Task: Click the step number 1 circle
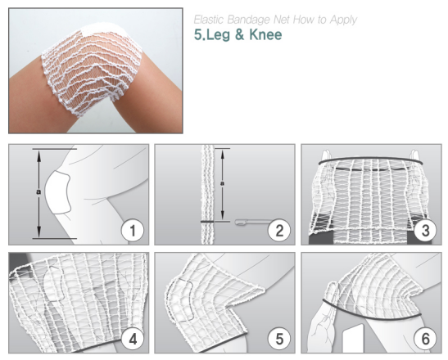tap(133, 231)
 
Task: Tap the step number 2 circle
tap(279, 231)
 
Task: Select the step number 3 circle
tap(425, 231)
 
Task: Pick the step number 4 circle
tap(133, 340)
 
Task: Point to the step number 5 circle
tap(279, 340)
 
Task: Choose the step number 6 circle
tap(425, 340)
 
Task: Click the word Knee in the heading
tap(265, 34)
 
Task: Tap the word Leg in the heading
tap(219, 35)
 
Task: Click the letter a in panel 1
tap(38, 191)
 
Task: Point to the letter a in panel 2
tap(222, 183)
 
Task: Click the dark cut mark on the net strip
tap(207, 222)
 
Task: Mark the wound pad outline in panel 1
tap(57, 193)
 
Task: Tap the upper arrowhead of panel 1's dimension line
tap(39, 154)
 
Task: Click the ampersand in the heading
tap(240, 34)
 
